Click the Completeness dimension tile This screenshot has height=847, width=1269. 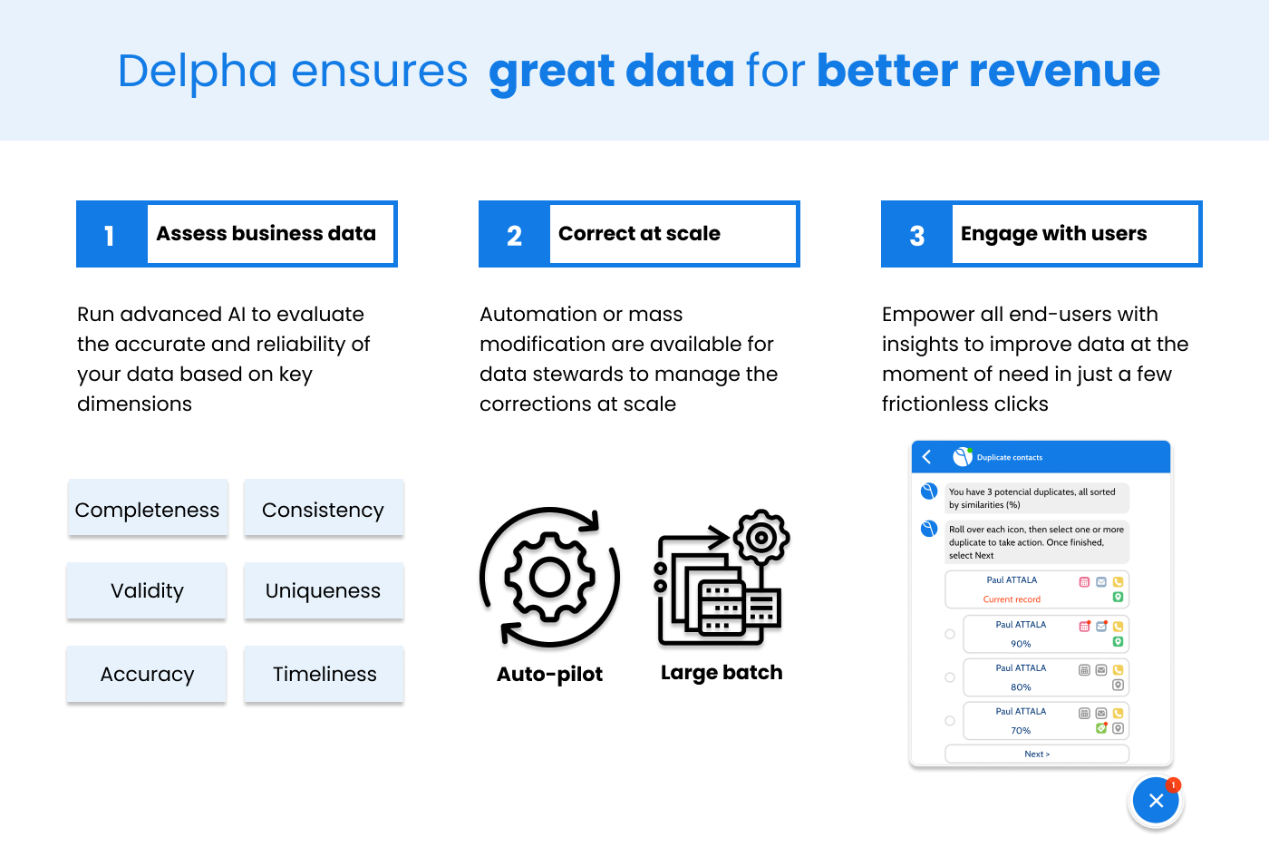(x=148, y=508)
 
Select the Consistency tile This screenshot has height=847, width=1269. (x=324, y=508)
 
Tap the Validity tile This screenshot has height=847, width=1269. (x=147, y=590)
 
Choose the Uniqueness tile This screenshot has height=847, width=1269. (x=324, y=590)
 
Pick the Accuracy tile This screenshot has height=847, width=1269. (x=147, y=674)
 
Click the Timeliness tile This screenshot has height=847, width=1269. (x=324, y=674)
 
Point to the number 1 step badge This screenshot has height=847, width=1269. (x=111, y=234)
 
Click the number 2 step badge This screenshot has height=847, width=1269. (x=514, y=234)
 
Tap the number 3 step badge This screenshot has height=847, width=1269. (x=916, y=234)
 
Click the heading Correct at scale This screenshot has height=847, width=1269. (x=639, y=233)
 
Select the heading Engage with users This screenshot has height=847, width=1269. (x=1053, y=234)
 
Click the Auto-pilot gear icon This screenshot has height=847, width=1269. (x=549, y=577)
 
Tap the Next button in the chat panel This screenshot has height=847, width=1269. (x=1037, y=754)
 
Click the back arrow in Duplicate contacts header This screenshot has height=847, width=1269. (x=926, y=457)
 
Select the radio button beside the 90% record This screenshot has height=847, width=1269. (x=950, y=634)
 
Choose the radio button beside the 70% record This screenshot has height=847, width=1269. (x=950, y=721)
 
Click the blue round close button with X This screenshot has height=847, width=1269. (x=1156, y=800)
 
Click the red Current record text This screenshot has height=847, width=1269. (x=1012, y=599)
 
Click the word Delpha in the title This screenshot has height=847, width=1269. (x=198, y=71)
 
